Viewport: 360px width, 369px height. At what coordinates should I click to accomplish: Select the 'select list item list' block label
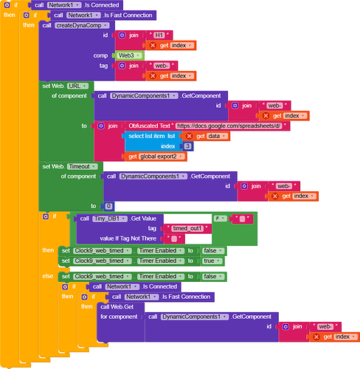[x=153, y=136]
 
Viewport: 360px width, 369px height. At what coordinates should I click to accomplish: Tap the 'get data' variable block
[x=206, y=136]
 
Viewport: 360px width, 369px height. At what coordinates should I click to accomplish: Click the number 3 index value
[x=188, y=146]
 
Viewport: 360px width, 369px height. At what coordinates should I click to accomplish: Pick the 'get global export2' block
[x=157, y=156]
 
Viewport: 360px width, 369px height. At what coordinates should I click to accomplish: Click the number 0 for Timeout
[x=108, y=206]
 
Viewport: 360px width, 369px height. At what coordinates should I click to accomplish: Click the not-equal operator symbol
[x=220, y=218]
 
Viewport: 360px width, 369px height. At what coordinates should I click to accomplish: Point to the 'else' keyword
[x=47, y=276]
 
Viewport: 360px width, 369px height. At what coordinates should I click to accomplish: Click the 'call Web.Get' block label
[x=116, y=306]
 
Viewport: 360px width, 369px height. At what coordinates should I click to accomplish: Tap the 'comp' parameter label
[x=100, y=55]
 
